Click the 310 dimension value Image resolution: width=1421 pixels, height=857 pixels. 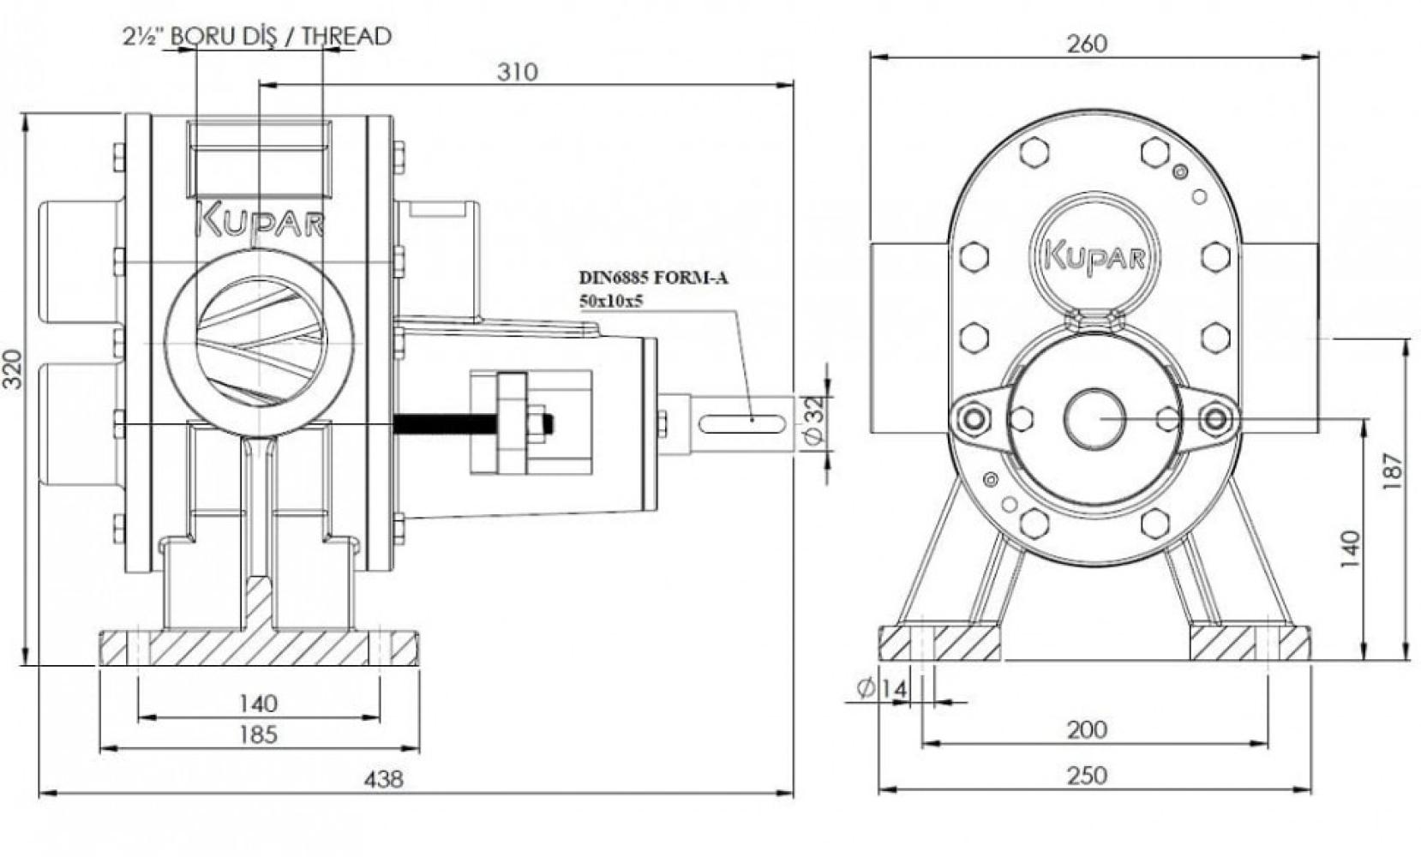(517, 72)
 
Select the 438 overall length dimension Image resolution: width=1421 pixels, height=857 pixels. (383, 780)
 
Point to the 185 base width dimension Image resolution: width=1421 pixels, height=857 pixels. (258, 734)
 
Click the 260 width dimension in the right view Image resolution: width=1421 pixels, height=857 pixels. (1087, 43)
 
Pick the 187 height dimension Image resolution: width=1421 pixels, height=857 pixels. (1394, 470)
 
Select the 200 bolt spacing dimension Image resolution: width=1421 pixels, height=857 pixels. (1087, 730)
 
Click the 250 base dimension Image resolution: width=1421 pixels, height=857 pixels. (1087, 776)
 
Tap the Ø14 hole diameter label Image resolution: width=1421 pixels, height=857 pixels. (880, 689)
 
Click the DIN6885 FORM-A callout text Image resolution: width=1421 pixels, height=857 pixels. (653, 278)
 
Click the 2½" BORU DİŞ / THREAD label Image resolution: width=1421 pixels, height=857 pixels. (258, 36)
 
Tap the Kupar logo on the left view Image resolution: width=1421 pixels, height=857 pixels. (260, 221)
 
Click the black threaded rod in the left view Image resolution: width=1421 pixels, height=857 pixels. (446, 423)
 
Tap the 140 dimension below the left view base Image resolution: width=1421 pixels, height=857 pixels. (258, 704)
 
